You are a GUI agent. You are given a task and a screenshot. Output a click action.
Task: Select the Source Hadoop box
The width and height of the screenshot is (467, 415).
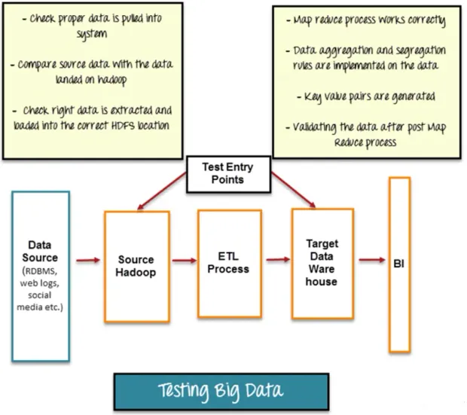[136, 266]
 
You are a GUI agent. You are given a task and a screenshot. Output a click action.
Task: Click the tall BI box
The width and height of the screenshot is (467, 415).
[399, 265]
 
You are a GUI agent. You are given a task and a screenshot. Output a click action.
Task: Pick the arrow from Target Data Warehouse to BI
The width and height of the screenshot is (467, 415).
[370, 261]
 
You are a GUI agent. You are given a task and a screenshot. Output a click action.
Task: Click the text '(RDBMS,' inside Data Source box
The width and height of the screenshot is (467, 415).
[40, 269]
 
